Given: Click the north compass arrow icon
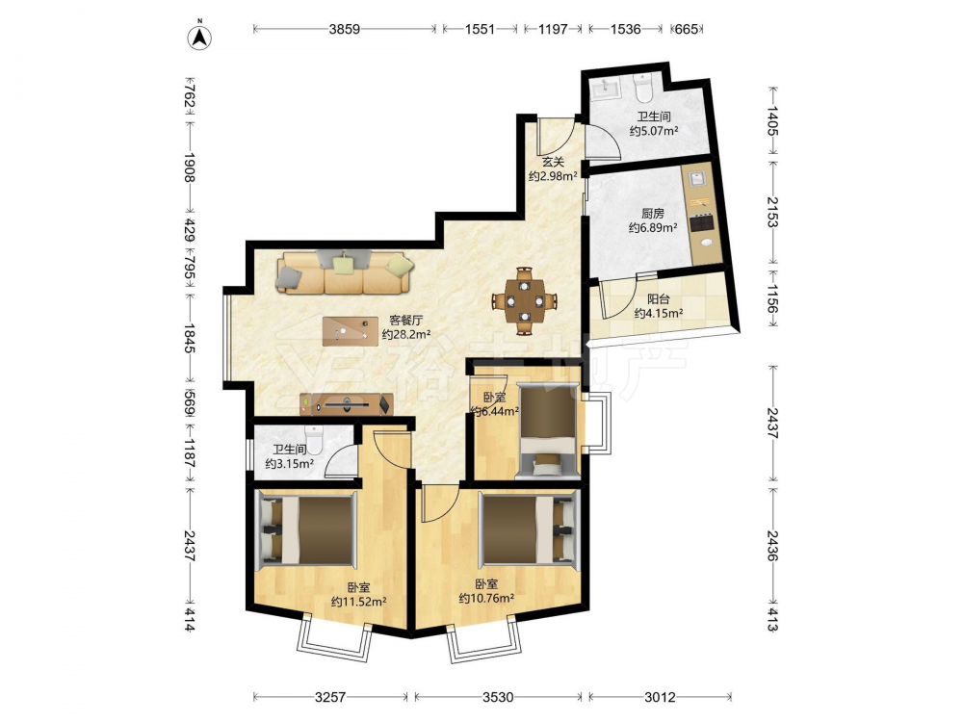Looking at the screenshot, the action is point(199,37).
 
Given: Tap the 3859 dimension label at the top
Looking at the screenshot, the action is point(344,29).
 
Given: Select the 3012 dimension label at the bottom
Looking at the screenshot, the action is point(660,697).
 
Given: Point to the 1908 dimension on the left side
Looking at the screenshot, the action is point(189,168).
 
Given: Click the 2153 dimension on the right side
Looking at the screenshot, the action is point(772,212).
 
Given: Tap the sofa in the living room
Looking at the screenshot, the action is point(345,272).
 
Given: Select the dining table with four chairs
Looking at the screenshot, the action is point(524,300).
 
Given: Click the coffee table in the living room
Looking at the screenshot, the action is point(351,331).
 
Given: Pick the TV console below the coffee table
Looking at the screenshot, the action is point(347,404).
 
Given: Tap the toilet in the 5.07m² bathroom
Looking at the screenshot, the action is point(643,89).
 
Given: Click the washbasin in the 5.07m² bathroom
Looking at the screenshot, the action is point(607,89).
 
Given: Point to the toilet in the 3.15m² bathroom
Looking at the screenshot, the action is point(313,438).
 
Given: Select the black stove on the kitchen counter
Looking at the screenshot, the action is point(702,222).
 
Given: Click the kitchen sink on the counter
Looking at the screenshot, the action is point(697,178).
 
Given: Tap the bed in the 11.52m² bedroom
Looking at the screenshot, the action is point(306,529).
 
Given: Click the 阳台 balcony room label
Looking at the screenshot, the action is point(659,299).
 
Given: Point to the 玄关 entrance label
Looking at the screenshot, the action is point(553,162).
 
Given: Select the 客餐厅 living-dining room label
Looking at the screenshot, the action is point(406,320).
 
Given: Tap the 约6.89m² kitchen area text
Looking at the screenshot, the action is point(653,228).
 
